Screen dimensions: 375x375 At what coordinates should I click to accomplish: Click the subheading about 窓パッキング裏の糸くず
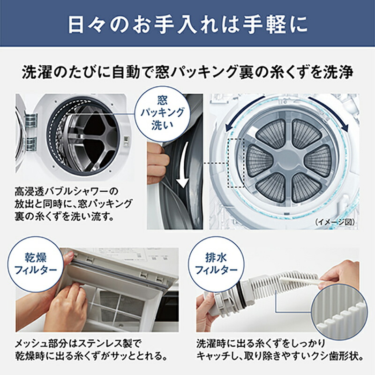pyautogui.click(x=187, y=73)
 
